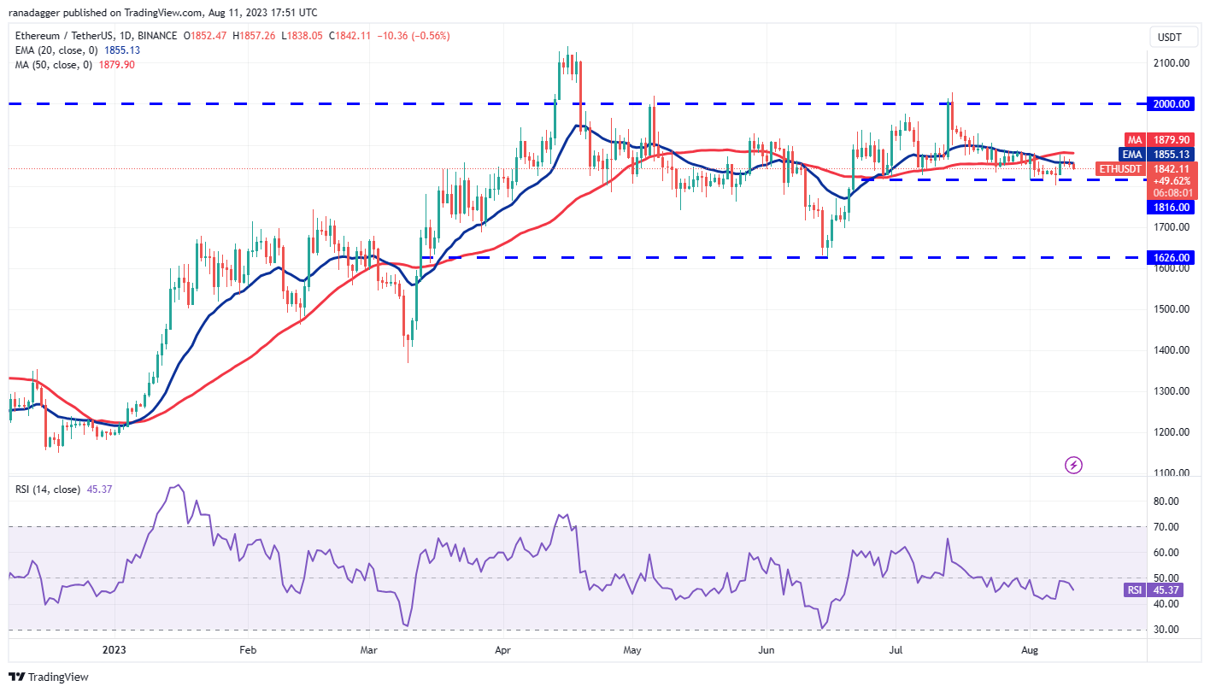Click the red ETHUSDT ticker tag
point(1119,169)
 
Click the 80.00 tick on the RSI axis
point(1166,501)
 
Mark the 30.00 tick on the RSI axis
point(1166,629)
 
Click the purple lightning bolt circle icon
point(1074,465)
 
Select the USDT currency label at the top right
point(1168,37)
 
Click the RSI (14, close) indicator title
point(48,490)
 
